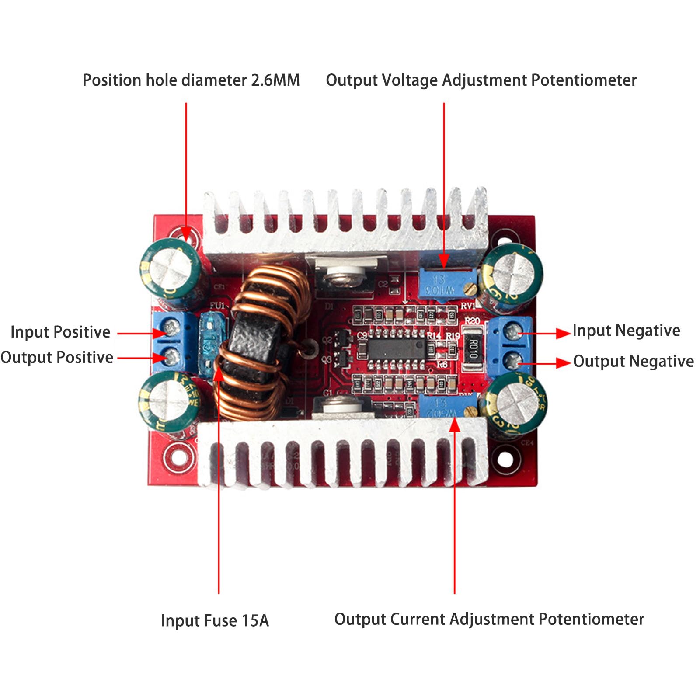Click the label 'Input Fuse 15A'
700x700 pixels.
click(215, 621)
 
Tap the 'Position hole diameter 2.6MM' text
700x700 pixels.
click(191, 80)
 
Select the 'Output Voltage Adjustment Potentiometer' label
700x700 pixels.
click(481, 80)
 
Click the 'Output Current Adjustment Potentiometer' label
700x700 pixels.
click(489, 620)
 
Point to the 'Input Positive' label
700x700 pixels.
click(60, 332)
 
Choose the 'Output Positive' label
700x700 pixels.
click(57, 358)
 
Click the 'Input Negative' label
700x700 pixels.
click(626, 331)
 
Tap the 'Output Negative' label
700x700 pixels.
click(633, 362)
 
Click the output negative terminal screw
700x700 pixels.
click(511, 361)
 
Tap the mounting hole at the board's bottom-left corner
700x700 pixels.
click(177, 457)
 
